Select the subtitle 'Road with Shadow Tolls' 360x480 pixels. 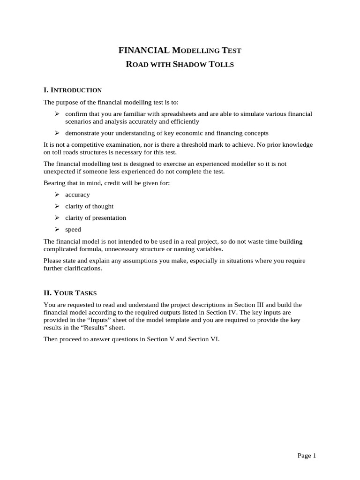180,64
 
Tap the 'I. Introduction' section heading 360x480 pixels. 73,90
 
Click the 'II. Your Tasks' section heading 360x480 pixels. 70,293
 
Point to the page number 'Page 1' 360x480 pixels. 307,456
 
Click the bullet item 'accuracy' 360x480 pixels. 77,195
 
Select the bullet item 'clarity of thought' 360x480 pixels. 89,206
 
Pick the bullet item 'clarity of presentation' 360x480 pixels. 96,218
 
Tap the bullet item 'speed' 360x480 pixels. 73,230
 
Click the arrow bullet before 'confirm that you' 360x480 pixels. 57,114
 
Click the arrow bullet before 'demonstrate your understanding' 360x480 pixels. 57,133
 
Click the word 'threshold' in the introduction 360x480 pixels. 225,145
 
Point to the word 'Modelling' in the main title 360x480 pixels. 187,50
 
